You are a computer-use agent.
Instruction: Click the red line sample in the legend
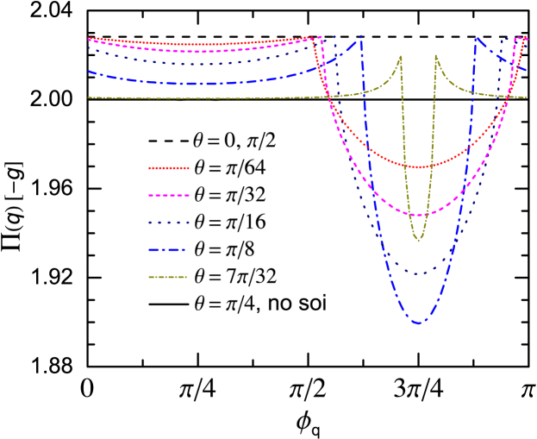pos(168,167)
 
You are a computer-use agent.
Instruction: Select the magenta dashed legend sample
pos(168,195)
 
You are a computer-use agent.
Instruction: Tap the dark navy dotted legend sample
pos(168,223)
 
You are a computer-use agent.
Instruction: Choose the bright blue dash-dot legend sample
pos(168,250)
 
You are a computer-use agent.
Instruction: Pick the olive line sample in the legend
pos(168,278)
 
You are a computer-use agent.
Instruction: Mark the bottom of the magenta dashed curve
pos(419,215)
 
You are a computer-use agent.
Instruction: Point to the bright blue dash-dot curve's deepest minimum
pos(419,323)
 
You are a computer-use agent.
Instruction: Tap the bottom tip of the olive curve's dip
pos(419,241)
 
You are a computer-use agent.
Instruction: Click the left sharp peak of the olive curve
pos(401,57)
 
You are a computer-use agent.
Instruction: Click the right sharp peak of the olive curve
pos(435,57)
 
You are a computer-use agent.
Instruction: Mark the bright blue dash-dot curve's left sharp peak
pos(359,36)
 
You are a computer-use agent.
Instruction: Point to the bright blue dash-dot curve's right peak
pos(476,38)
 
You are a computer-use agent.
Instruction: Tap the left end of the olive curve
pos(88,97)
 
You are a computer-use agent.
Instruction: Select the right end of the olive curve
pos(527,97)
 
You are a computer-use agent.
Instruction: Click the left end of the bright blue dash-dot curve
pos(88,72)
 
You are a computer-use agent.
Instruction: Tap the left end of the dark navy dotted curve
pos(88,48)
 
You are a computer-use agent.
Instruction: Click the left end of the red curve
pos(88,38)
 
